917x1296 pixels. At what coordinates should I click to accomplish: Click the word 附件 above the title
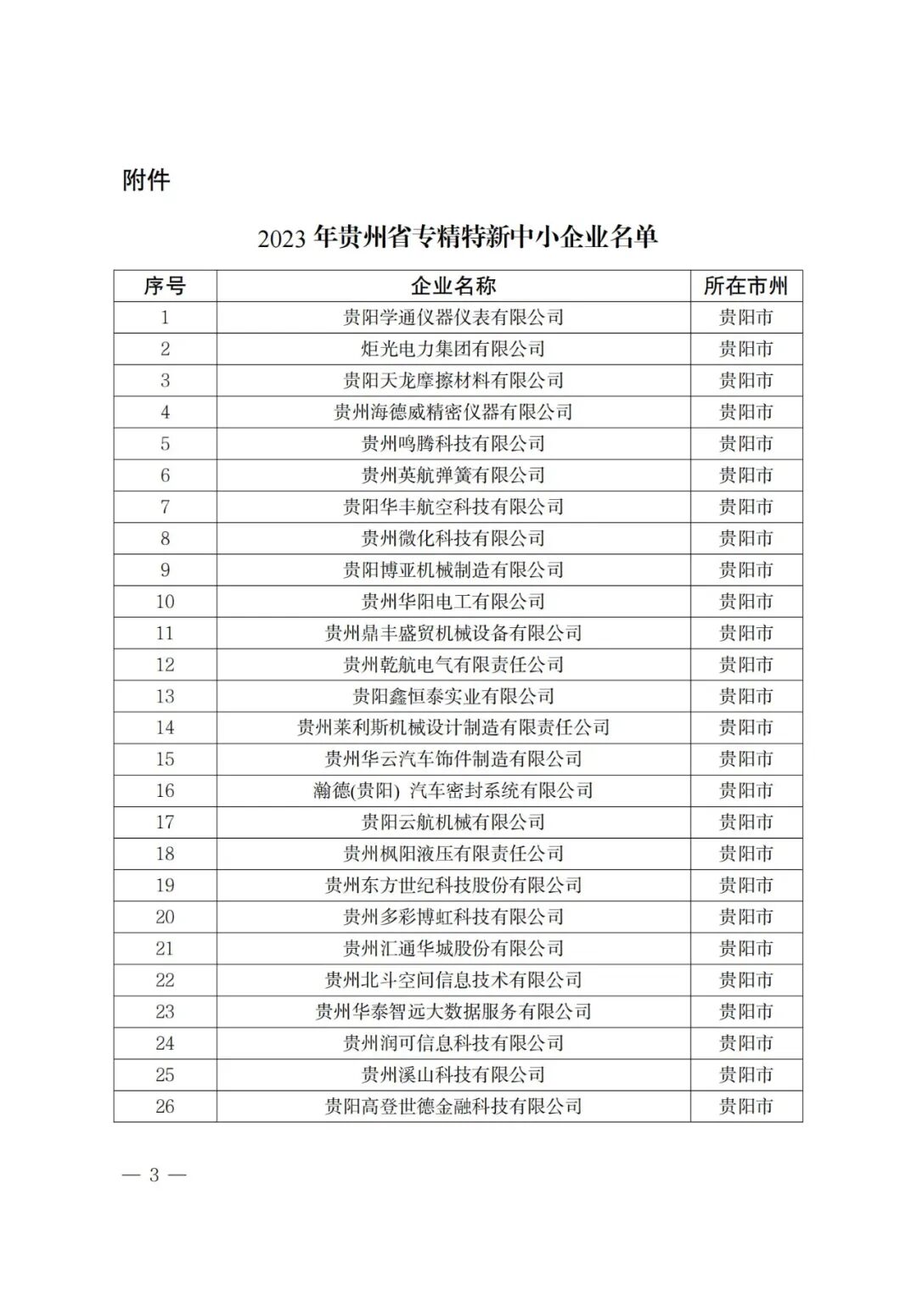[x=146, y=180]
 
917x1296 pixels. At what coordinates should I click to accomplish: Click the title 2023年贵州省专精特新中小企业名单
[x=458, y=237]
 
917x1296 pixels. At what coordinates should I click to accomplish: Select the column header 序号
[x=165, y=286]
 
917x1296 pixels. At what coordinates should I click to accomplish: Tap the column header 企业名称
[x=453, y=286]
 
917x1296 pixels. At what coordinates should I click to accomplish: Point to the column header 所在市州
[x=745, y=286]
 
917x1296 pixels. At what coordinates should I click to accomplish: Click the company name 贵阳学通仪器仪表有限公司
[x=453, y=317]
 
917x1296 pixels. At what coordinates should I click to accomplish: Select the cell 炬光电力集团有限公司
[x=453, y=349]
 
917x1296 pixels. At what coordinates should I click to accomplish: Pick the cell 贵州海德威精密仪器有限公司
[x=453, y=412]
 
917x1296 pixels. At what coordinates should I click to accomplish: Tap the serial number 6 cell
[x=165, y=475]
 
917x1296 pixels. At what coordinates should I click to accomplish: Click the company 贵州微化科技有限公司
[x=453, y=538]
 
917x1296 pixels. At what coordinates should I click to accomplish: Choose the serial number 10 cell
[x=165, y=601]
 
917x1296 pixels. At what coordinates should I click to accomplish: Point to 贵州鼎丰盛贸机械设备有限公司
[x=453, y=633]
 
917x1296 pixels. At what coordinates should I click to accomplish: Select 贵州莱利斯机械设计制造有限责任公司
[x=453, y=727]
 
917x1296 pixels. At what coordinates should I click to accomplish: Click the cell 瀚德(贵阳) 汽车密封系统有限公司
[x=453, y=790]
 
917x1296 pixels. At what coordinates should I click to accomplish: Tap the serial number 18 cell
[x=165, y=854]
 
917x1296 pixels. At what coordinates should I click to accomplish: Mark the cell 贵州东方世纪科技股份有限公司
[x=453, y=885]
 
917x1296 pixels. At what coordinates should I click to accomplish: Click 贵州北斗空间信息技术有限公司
[x=453, y=979]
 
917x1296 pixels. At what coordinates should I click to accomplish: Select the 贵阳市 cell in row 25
[x=745, y=1074]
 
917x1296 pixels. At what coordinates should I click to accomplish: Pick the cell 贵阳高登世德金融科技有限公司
[x=453, y=1106]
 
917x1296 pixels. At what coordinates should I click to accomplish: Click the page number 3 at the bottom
[x=154, y=1175]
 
